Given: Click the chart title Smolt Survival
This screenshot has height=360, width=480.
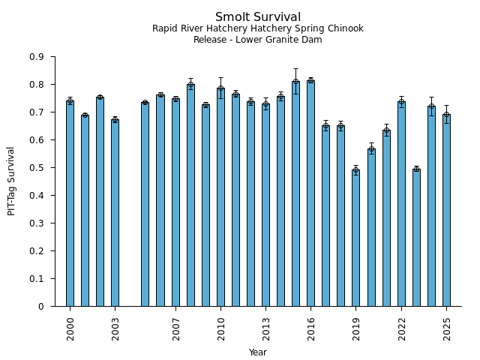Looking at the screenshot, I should click(x=258, y=17).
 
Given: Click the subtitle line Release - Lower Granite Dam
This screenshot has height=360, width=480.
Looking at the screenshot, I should click(x=258, y=40).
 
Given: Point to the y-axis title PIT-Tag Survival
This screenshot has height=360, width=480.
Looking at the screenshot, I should click(x=11, y=181).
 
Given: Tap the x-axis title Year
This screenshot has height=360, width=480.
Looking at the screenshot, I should click(x=258, y=352).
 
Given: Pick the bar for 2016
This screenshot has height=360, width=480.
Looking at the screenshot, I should click(x=310, y=193).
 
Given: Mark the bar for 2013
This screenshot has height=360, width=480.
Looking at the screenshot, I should click(x=265, y=205).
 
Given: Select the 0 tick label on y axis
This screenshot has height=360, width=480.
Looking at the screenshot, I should click(x=42, y=307).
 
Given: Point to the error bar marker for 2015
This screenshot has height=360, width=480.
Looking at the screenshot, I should click(x=295, y=82).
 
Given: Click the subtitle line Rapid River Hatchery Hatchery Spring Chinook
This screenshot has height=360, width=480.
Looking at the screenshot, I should click(x=258, y=28).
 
